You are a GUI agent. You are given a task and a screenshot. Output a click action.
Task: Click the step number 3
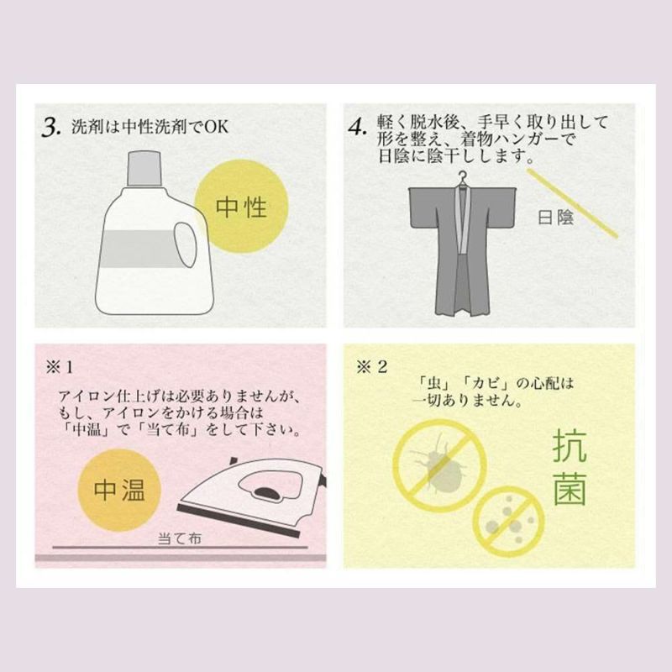pyautogui.click(x=51, y=128)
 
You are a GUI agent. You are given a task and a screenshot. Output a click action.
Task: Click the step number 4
pyautogui.click(x=358, y=128)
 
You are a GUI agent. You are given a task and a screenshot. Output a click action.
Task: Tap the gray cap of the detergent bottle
pyautogui.click(x=144, y=169)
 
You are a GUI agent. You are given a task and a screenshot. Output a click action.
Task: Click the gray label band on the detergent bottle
pyautogui.click(x=141, y=249)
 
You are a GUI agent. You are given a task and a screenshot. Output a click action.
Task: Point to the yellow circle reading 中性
pyautogui.click(x=241, y=206)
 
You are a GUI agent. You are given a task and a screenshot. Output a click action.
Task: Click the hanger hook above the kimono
pyautogui.click(x=462, y=179)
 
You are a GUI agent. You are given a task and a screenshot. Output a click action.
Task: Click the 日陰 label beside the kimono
pyautogui.click(x=555, y=218)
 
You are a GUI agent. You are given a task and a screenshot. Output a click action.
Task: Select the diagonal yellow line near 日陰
pyautogui.click(x=572, y=202)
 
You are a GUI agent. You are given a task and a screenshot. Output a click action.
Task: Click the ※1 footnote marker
pyautogui.click(x=59, y=367)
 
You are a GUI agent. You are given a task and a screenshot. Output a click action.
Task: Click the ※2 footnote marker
pyautogui.click(x=371, y=367)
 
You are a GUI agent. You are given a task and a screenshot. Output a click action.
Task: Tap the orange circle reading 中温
pyautogui.click(x=119, y=491)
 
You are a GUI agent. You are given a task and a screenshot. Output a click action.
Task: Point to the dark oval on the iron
pyautogui.click(x=267, y=493)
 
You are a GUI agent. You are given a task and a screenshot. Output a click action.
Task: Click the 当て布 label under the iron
pyautogui.click(x=179, y=538)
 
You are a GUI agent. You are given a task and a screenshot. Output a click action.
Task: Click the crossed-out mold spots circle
pyautogui.click(x=508, y=522)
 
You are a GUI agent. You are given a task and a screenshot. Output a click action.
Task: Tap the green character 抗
pyautogui.click(x=570, y=447)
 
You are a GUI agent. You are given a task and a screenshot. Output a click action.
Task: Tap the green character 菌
pyautogui.click(x=570, y=489)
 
